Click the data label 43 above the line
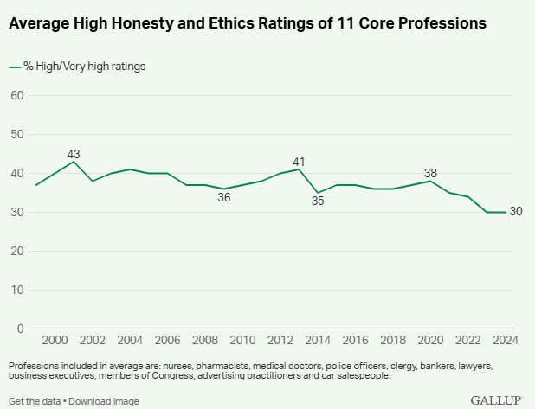pos(74,154)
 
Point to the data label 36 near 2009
pos(224,198)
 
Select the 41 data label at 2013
pos(300,161)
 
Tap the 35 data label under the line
pos(318,201)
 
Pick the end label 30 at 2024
pos(516,212)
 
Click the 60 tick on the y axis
pos(16,95)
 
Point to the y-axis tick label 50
pos(16,134)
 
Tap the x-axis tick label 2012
pos(280,342)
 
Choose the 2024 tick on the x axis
pos(505,342)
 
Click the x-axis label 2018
pos(393,342)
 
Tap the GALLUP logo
pos(495,400)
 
